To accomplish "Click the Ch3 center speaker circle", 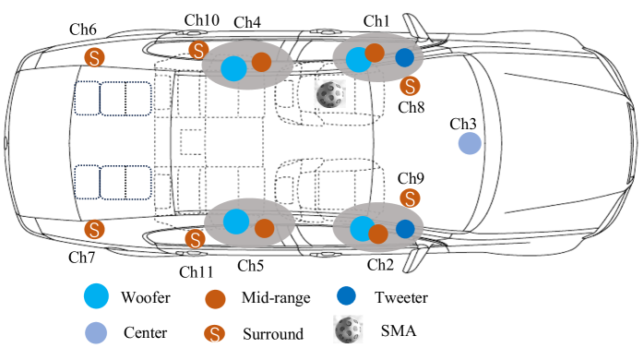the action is pos(470,143).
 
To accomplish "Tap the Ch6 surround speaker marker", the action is pos(94,57).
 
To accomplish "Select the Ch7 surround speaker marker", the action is pos(94,229).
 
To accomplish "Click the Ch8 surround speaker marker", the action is pos(410,86).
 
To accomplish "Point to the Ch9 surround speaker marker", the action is pos(410,198).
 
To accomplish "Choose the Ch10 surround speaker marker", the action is pos(198,51).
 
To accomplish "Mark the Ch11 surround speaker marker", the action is pos(195,239).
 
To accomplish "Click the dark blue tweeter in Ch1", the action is pos(404,57).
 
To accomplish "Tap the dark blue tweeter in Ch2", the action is pos(405,229).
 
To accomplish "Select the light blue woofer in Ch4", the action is pos(233,68).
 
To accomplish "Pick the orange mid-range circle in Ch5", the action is pos(265,229).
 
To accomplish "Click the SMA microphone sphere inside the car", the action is pos(329,94).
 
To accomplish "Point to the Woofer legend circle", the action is pos(96,296).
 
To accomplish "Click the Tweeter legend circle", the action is pos(346,295).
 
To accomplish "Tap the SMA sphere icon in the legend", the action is pos(348,330).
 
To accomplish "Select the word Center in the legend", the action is pos(146,332).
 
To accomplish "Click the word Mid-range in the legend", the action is pos(276,297).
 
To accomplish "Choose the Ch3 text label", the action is pos(463,124).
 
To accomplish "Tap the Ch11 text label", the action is pos(197,272).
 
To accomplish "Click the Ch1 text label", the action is pos(376,21).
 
